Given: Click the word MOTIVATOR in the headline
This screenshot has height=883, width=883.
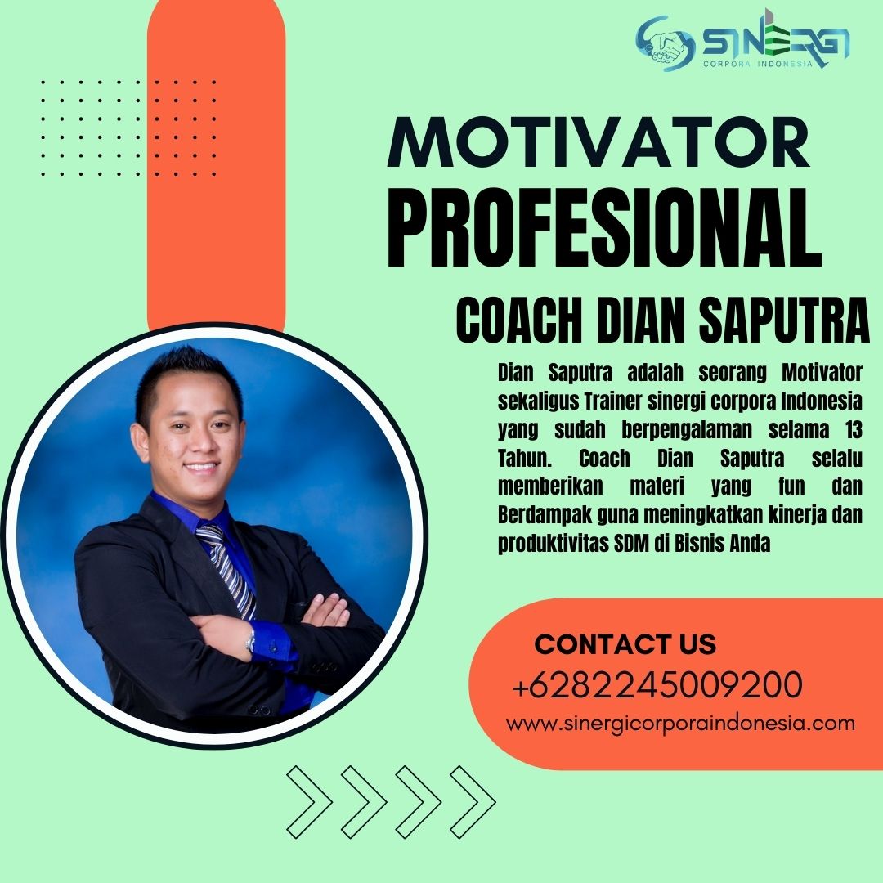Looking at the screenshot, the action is pos(598,142).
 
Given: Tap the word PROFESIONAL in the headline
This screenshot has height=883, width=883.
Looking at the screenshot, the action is pos(604,228).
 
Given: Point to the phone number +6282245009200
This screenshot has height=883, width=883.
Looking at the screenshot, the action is pos(657,684).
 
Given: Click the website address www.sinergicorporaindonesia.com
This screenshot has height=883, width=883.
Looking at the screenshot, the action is pos(680,723).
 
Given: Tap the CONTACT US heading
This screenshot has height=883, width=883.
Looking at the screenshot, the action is pos(625,644).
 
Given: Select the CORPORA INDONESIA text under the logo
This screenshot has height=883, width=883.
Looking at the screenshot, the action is pos(758,64).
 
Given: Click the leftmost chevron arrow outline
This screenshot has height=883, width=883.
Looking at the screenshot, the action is pos(309,802).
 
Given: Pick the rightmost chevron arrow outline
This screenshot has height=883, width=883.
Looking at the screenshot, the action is pos(473,802).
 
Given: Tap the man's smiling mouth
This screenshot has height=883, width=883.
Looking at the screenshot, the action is pos(201,467).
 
